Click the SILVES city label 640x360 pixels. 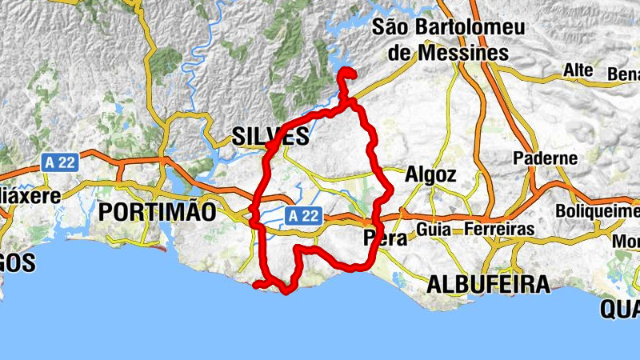pyautogui.click(x=270, y=136)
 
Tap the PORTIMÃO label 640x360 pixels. pyautogui.click(x=157, y=212)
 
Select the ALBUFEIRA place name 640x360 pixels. pyautogui.click(x=488, y=284)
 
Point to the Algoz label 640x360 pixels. pyautogui.click(x=430, y=174)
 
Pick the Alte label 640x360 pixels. pyautogui.click(x=578, y=70)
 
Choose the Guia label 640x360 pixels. pyautogui.click(x=433, y=230)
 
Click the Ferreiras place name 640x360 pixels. pyautogui.click(x=498, y=230)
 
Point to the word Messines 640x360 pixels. pyautogui.click(x=461, y=53)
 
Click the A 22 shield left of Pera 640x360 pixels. pyautogui.click(x=303, y=215)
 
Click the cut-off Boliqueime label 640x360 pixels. pyautogui.click(x=599, y=212)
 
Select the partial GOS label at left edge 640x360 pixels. pyautogui.click(x=16, y=262)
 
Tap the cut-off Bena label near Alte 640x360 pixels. pyautogui.click(x=624, y=74)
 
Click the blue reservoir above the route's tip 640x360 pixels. pyautogui.click(x=340, y=61)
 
